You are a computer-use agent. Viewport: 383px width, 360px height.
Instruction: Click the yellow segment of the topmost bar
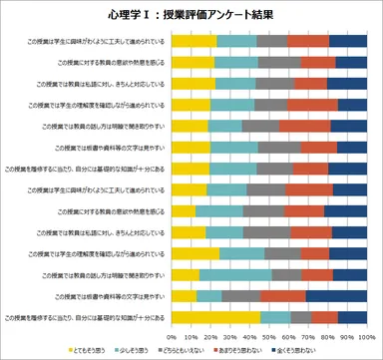pyautogui.click(x=195, y=41)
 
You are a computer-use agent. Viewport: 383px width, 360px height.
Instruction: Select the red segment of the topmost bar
pyautogui.click(x=308, y=41)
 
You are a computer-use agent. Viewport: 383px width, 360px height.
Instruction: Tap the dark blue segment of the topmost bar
pyautogui.click(x=350, y=41)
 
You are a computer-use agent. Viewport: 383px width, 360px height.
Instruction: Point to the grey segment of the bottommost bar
pyautogui.click(x=300, y=317)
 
